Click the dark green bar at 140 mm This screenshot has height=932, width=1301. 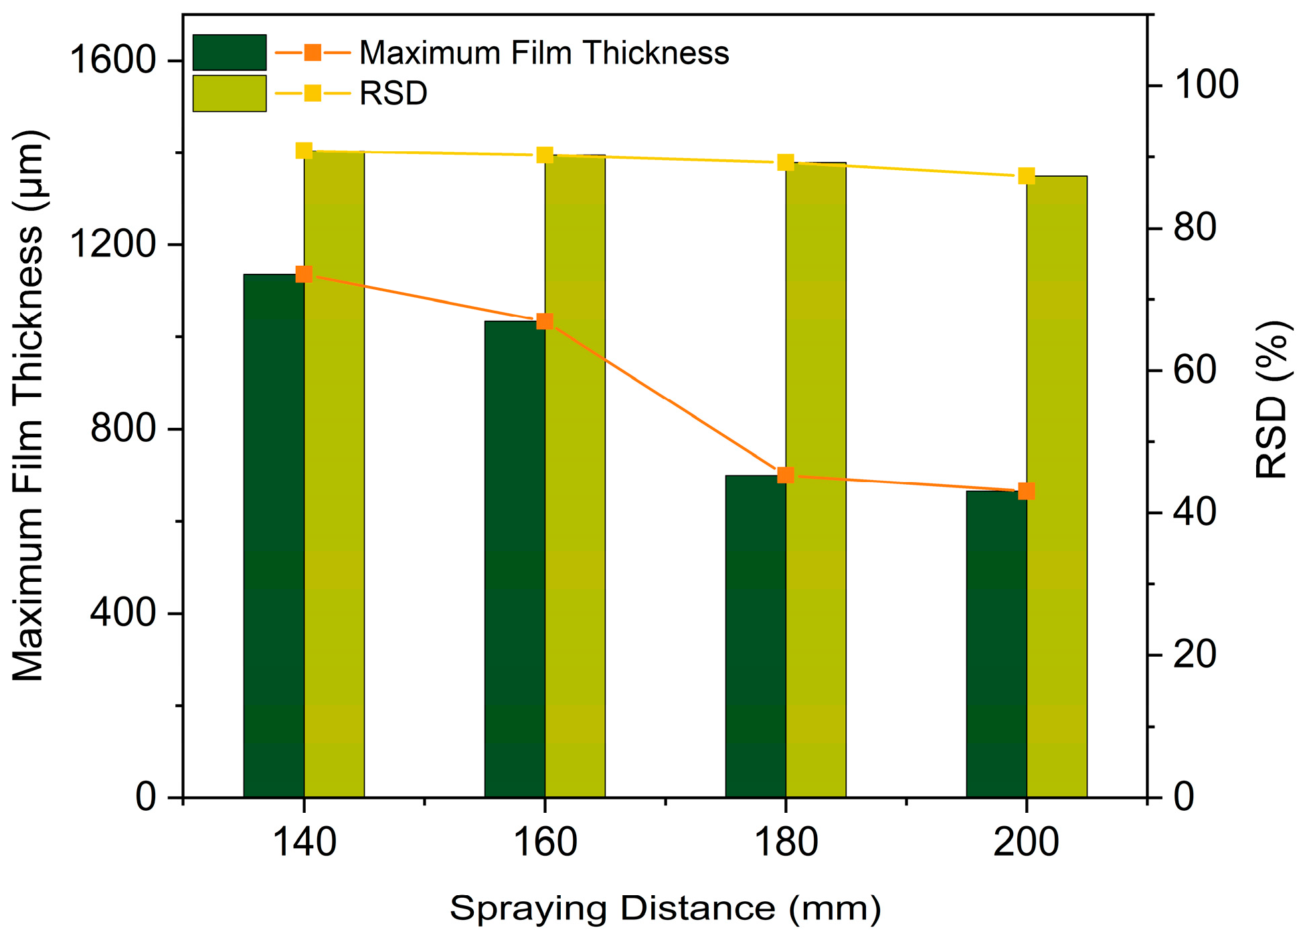(x=274, y=536)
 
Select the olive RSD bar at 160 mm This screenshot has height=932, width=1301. (x=575, y=475)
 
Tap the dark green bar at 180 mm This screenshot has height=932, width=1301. (x=756, y=636)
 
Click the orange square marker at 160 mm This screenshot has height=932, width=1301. (x=545, y=321)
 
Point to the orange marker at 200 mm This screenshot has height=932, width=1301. (x=1026, y=491)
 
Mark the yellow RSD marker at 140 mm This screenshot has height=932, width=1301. (x=304, y=151)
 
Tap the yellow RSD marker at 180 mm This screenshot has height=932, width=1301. (x=786, y=162)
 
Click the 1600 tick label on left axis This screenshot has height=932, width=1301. (x=112, y=60)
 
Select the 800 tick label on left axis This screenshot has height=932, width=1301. (x=123, y=429)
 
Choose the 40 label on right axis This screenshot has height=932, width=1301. (x=1195, y=513)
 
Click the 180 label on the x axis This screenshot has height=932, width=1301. (x=786, y=842)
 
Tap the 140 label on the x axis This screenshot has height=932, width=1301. (x=304, y=842)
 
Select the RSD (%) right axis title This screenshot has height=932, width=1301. (x=1272, y=399)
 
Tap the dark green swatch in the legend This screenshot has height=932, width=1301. (x=230, y=52)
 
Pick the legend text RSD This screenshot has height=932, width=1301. (x=393, y=93)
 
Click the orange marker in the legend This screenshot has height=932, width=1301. (x=313, y=52)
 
